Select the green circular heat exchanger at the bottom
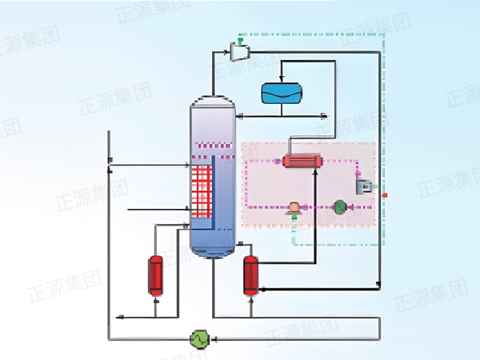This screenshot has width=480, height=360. pyautogui.click(x=198, y=338)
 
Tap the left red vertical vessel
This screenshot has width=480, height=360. pyautogui.click(x=154, y=275)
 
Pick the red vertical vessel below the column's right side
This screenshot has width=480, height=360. pyautogui.click(x=250, y=275)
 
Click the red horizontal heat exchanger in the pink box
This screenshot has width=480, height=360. pyautogui.click(x=302, y=161)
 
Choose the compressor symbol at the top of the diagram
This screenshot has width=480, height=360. pyautogui.click(x=238, y=52)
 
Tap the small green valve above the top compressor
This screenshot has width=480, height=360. pyautogui.click(x=240, y=39)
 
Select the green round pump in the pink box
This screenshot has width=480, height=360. pyautogui.click(x=339, y=207)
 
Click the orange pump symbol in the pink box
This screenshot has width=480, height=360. pyautogui.click(x=294, y=207)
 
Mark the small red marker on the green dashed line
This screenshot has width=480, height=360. pyautogui.click(x=385, y=194)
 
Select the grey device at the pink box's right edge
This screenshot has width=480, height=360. pyautogui.click(x=366, y=186)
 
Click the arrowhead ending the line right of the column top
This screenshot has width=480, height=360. pyautogui.click(x=322, y=117)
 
